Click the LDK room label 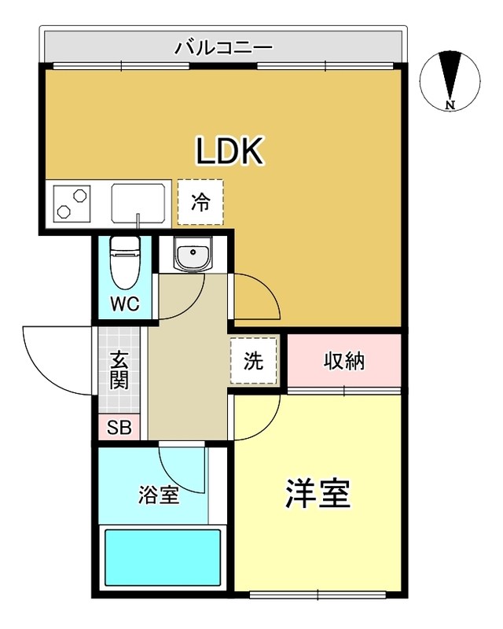[229, 151]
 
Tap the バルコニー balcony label [224, 48]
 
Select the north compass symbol [450, 79]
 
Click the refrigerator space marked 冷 [200, 202]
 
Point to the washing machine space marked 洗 [253, 361]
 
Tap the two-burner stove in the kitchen [72, 203]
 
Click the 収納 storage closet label [344, 361]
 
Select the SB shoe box [119, 429]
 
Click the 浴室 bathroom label [159, 495]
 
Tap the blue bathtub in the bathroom [163, 556]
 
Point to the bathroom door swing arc [182, 468]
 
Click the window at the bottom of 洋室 [318, 592]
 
